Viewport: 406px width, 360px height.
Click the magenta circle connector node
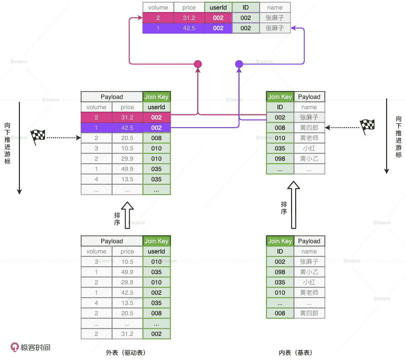click(198, 64)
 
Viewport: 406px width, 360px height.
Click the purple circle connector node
click(239, 64)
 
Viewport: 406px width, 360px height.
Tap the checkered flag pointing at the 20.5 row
click(38, 137)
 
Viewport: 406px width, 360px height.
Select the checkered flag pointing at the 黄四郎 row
click(367, 126)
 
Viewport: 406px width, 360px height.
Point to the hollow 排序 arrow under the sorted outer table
click(127, 215)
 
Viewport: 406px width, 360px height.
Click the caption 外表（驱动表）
click(126, 352)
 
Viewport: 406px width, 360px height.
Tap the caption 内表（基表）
click(295, 352)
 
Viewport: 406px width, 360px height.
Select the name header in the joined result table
click(275, 8)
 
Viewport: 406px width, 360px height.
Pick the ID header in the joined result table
click(246, 8)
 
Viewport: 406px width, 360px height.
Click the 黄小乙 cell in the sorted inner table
click(309, 159)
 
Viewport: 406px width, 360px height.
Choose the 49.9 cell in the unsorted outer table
click(127, 272)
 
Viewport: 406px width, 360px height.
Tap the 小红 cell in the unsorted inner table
click(309, 282)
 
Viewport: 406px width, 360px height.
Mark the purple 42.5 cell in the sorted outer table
click(127, 128)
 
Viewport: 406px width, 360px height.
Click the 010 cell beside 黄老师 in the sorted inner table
click(280, 138)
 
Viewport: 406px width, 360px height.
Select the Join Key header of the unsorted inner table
click(280, 241)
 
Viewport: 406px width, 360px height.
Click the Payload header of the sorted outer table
click(112, 97)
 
